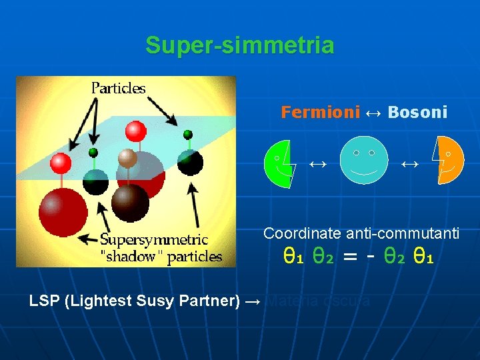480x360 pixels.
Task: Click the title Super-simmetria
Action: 240,45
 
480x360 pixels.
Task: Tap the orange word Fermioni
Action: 320,112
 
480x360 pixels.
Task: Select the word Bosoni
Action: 417,112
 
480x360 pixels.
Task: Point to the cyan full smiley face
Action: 363,160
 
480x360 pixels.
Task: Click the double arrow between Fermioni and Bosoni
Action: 374,112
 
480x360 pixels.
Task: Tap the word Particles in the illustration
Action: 119,87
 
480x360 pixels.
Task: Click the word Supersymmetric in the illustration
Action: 154,239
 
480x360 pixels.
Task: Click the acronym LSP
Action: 45,301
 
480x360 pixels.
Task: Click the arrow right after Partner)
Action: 253,301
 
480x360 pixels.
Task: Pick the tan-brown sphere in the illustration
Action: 127,158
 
